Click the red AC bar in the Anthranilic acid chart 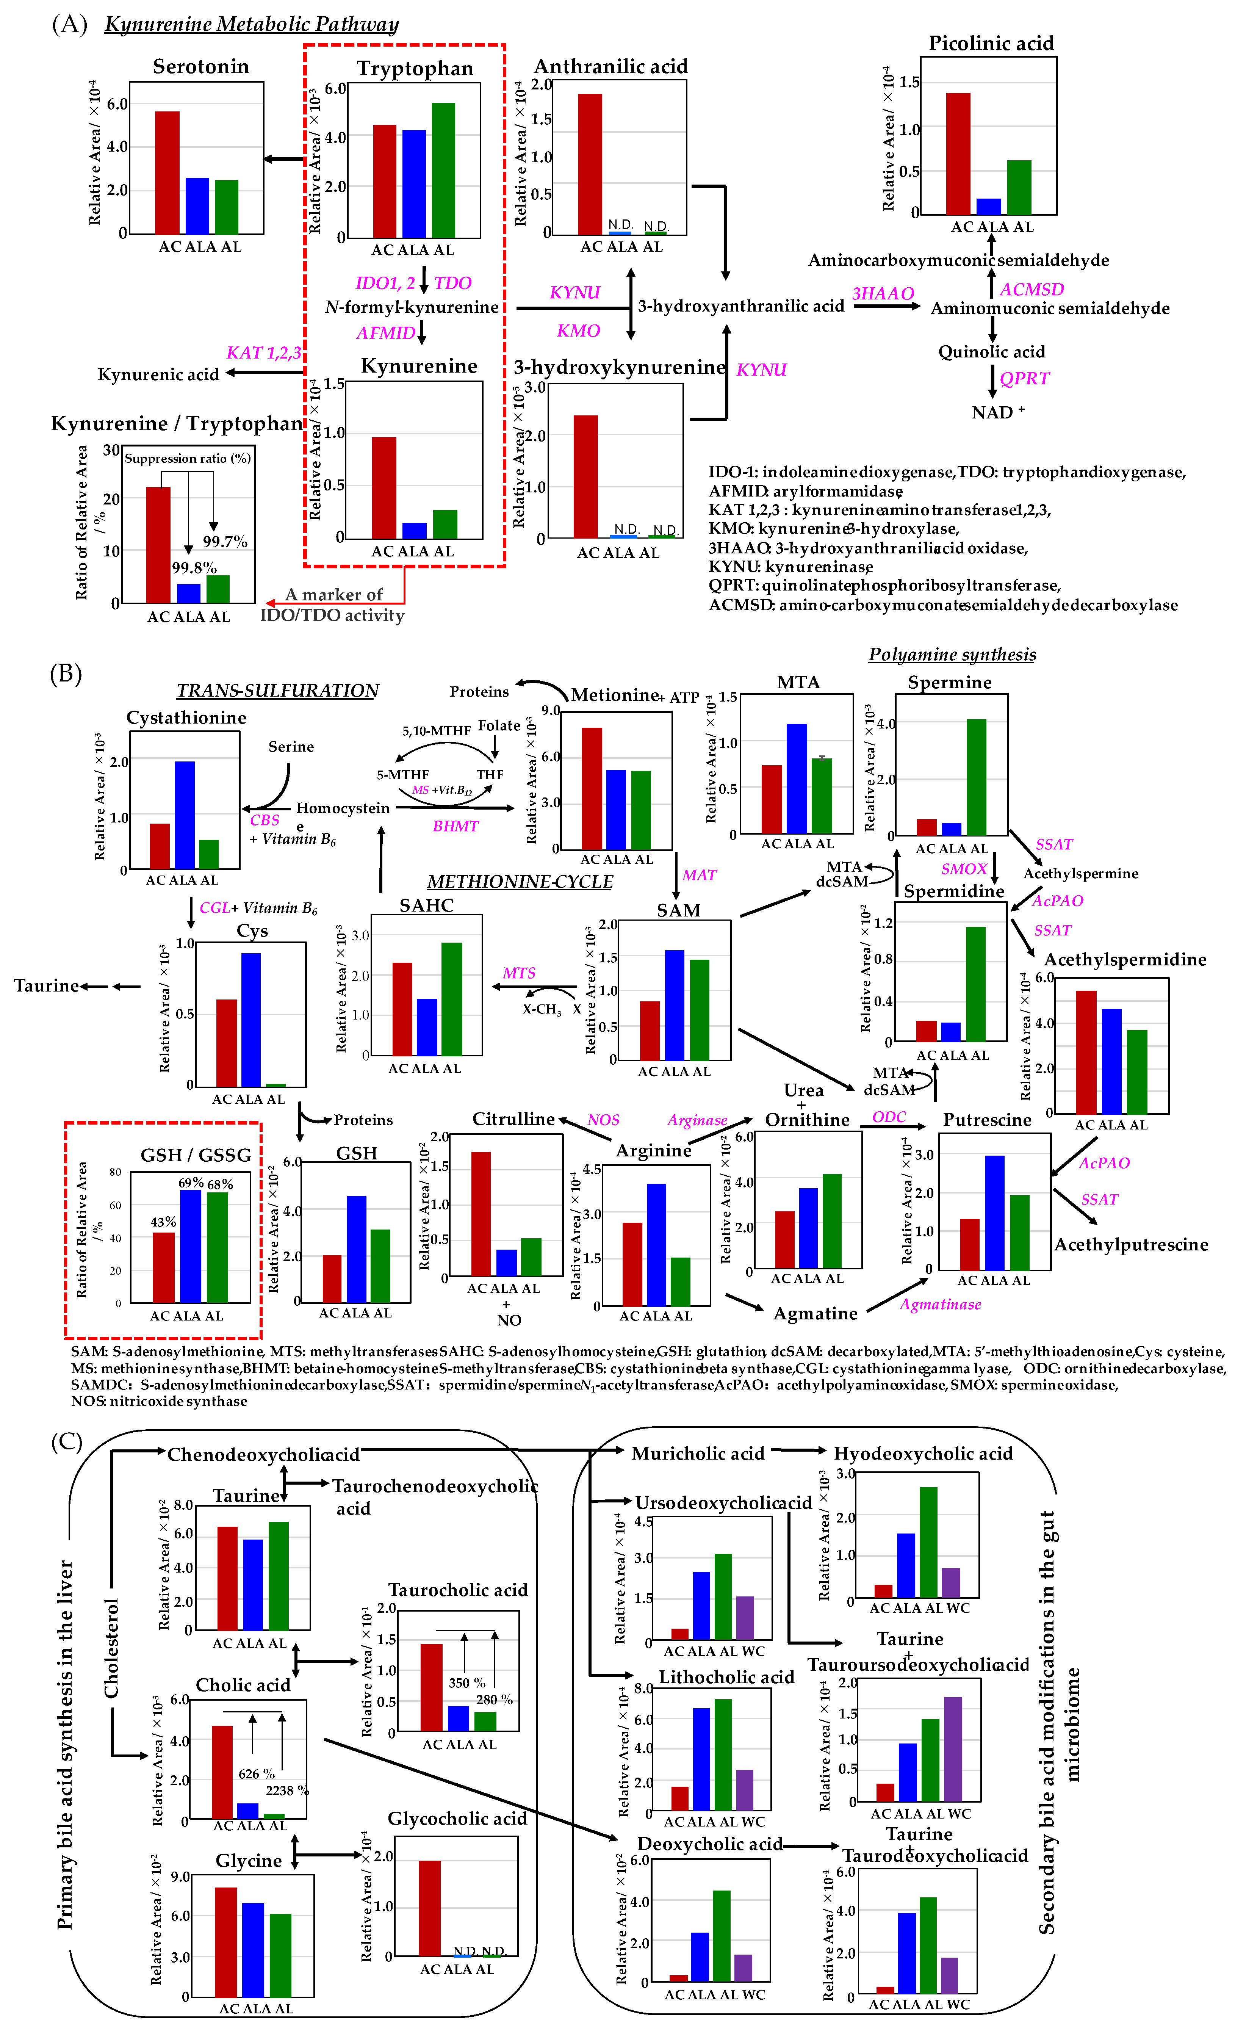(x=590, y=164)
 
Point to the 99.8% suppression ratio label (x=194, y=568)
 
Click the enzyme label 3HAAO (x=882, y=294)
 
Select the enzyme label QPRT (x=1025, y=378)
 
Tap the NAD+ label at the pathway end (x=997, y=412)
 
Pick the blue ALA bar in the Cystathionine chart (x=185, y=815)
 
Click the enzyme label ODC (x=889, y=1116)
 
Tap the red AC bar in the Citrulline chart (x=481, y=1213)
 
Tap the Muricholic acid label (x=697, y=1454)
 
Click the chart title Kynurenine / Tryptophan (x=177, y=424)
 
